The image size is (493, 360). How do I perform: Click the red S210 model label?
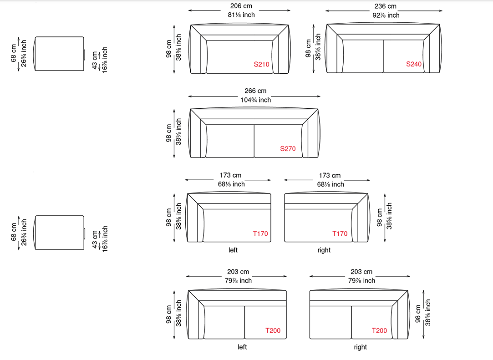tap(262, 65)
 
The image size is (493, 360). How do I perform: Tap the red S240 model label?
tap(414, 64)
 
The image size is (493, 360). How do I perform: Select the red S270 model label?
tap(288, 149)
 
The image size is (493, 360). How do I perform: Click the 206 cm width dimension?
tap(241, 6)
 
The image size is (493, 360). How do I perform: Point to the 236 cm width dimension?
tap(386, 6)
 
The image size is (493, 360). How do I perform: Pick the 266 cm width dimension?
tap(256, 91)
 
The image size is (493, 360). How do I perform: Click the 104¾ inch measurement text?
tap(256, 100)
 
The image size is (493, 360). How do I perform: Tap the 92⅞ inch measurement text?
tap(386, 15)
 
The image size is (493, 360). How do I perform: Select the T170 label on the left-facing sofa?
tap(260, 233)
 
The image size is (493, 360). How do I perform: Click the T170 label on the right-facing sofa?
tap(340, 233)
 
